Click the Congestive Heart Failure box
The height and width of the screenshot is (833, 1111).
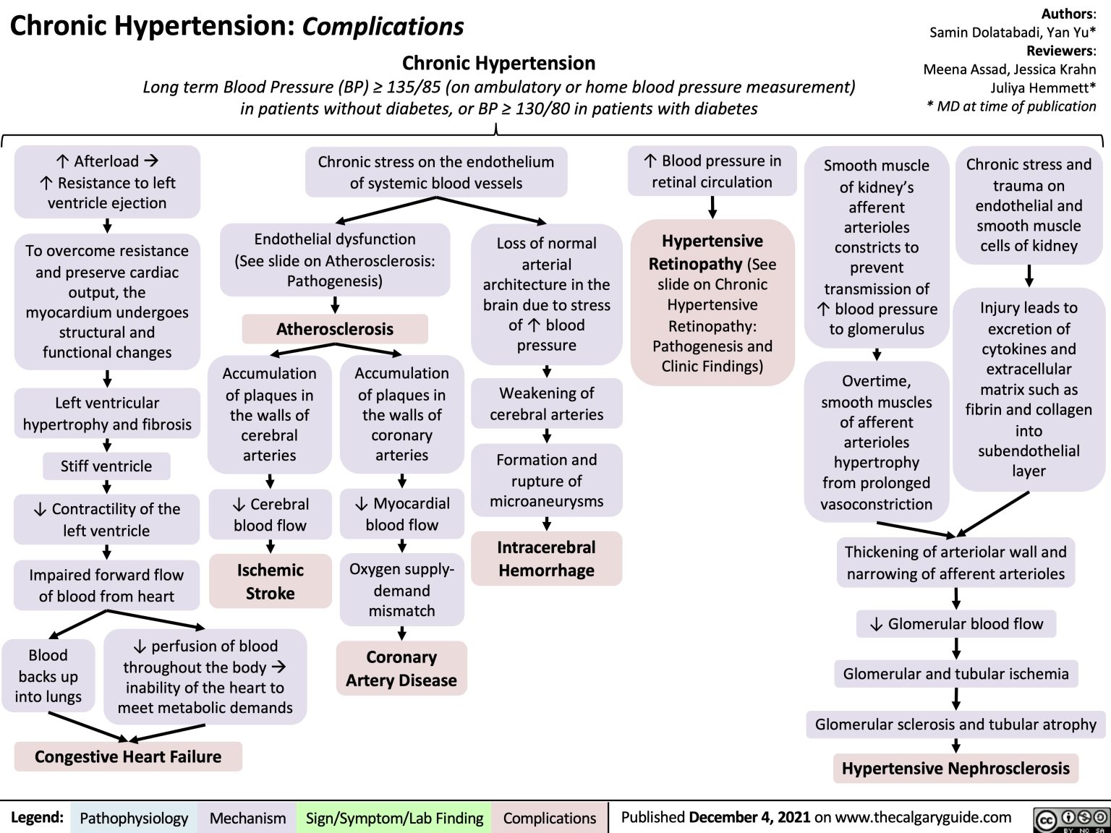click(x=128, y=756)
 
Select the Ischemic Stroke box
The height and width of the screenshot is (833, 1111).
click(x=270, y=581)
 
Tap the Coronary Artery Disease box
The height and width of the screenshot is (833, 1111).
click(x=401, y=668)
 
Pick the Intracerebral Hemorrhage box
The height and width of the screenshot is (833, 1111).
click(x=546, y=558)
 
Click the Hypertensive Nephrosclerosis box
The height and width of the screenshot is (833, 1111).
click(x=955, y=768)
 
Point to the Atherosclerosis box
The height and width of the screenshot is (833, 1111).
click(x=335, y=329)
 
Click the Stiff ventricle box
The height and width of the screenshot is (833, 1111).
click(x=106, y=466)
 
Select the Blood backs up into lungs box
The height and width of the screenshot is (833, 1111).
click(x=48, y=675)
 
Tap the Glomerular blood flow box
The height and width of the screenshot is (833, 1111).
click(x=956, y=623)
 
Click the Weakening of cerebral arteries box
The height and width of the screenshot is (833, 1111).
click(x=546, y=403)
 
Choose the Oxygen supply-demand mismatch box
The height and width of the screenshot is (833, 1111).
click(x=401, y=590)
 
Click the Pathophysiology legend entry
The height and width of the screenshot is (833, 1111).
click(x=134, y=818)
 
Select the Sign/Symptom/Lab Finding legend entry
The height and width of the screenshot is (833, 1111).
click(x=394, y=818)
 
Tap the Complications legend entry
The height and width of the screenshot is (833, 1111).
click(x=550, y=818)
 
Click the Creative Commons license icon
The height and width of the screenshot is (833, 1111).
click(x=1072, y=819)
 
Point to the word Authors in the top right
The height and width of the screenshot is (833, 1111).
click(x=1068, y=14)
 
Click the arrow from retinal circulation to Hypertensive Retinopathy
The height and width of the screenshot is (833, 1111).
click(x=712, y=207)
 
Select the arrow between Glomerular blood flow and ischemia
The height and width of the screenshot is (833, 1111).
click(x=956, y=648)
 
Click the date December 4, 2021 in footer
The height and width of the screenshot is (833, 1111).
click(x=749, y=817)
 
